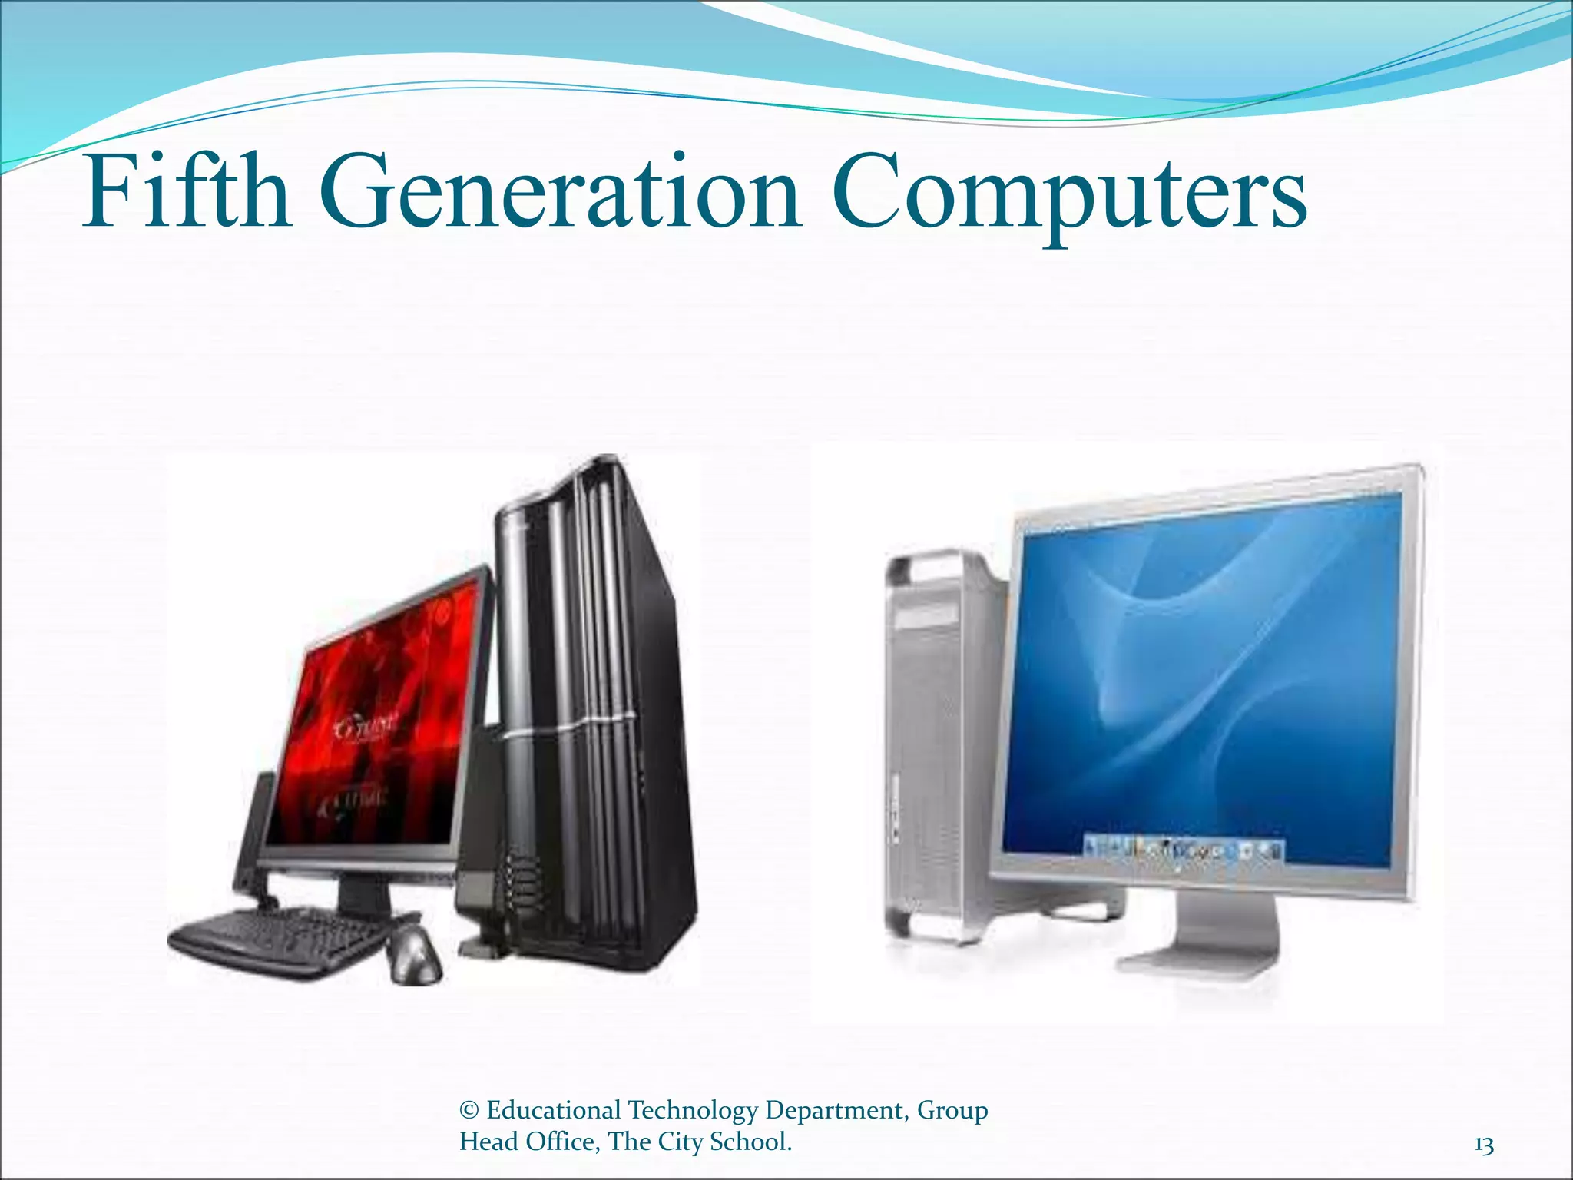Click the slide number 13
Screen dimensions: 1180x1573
1484,1145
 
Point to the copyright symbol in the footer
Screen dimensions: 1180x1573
469,1110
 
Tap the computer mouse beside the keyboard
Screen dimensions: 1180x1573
415,953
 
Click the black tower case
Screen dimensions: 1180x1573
591,691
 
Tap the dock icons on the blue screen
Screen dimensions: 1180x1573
1183,850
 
